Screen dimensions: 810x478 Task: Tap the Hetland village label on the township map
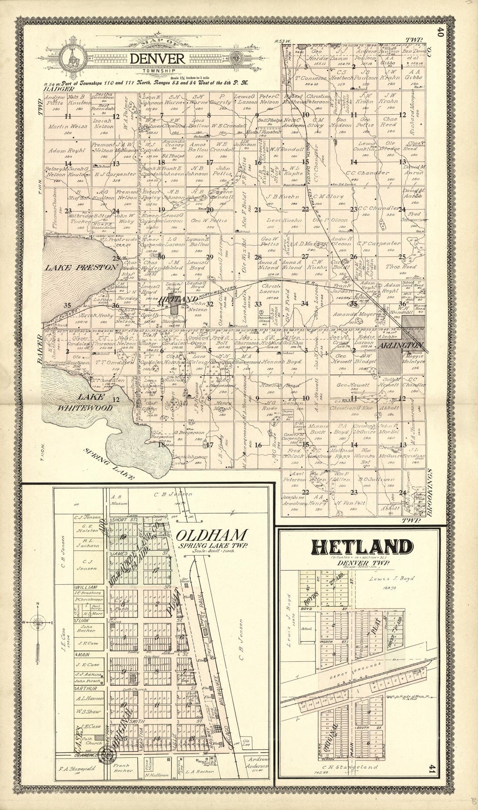[173, 300]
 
